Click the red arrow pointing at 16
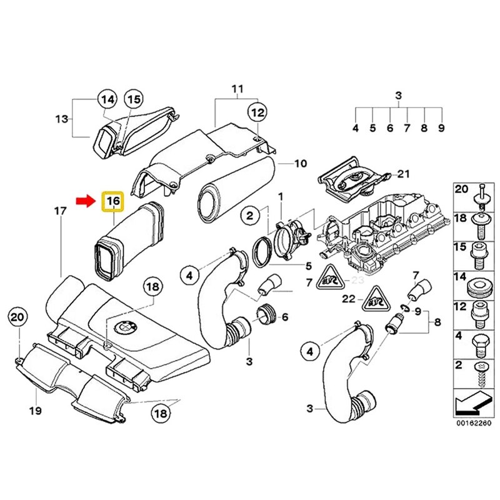[x=86, y=201]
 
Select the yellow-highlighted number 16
[x=113, y=202]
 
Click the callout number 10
[x=301, y=164]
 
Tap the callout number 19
[x=35, y=411]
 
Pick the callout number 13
[x=61, y=119]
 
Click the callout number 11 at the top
[x=237, y=88]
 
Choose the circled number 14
[x=107, y=99]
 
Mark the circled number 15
[x=134, y=99]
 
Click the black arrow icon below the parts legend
[x=469, y=406]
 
